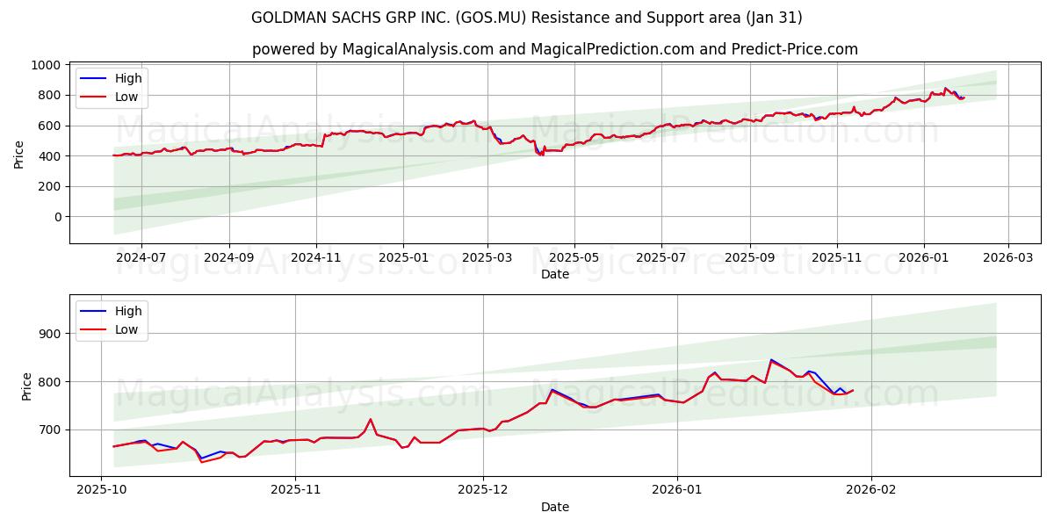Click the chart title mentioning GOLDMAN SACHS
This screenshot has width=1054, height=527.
[x=526, y=18]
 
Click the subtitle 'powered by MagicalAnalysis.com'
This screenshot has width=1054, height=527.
[x=554, y=49]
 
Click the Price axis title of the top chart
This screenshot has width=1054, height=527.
[x=18, y=154]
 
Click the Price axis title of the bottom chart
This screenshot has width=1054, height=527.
[x=26, y=386]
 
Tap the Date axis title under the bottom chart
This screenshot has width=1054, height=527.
[x=554, y=507]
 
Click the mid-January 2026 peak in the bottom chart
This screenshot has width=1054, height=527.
[x=771, y=359]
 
